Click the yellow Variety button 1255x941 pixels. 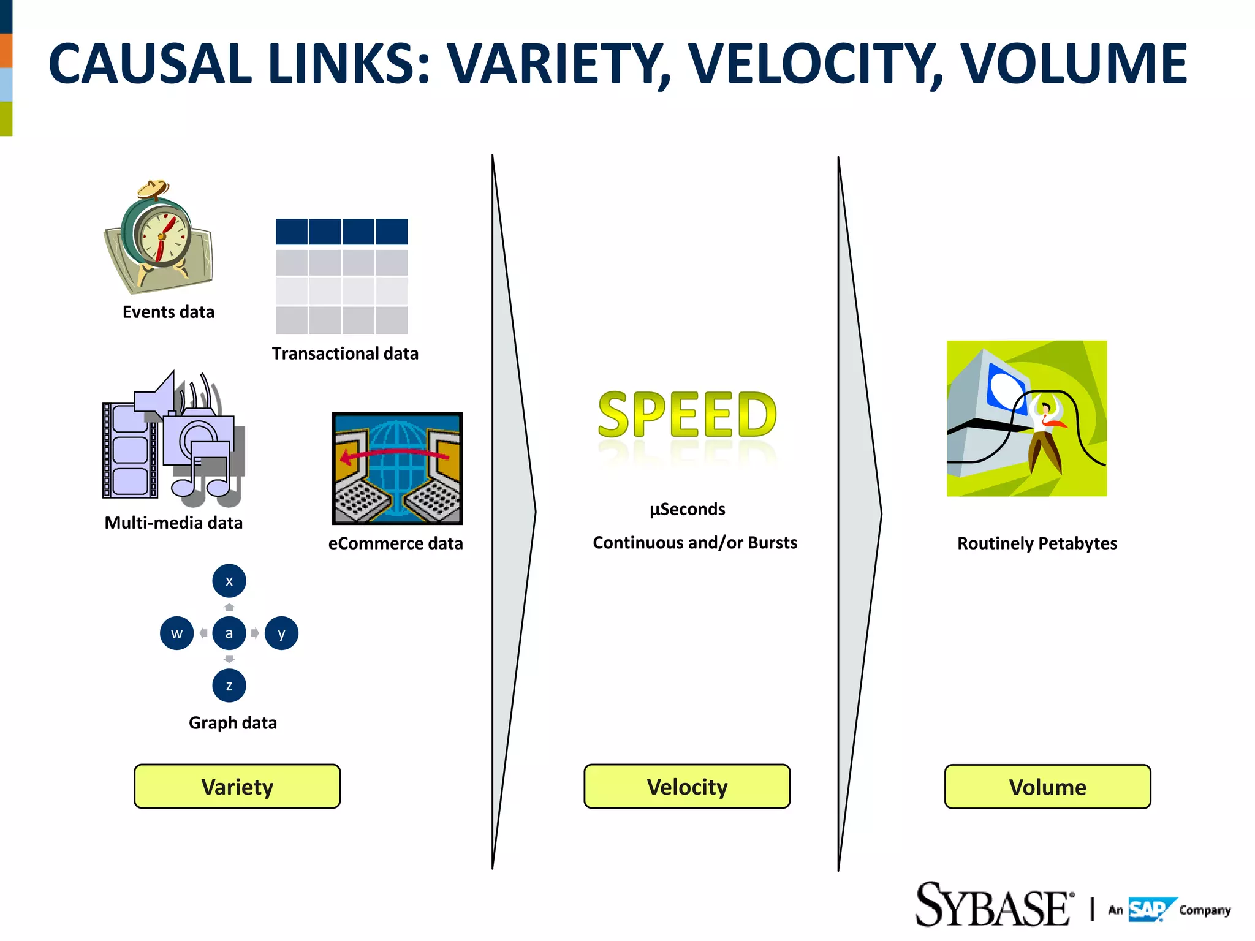coord(237,786)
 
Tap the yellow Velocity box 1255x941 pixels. coord(687,786)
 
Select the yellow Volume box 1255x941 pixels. coord(1047,787)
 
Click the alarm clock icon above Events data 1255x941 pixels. coord(158,236)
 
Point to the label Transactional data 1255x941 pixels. coord(345,353)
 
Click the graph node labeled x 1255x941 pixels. coord(229,581)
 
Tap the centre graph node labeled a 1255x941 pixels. coord(229,633)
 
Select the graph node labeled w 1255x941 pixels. coord(177,633)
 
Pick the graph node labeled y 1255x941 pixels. coord(281,633)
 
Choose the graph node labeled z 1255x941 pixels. coord(229,686)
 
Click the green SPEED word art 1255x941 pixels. coord(687,415)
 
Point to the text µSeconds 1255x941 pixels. coord(687,509)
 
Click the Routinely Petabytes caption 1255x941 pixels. coord(1037,543)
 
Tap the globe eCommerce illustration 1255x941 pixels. coord(397,468)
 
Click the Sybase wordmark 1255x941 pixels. coord(993,905)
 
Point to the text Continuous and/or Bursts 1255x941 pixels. coord(695,543)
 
